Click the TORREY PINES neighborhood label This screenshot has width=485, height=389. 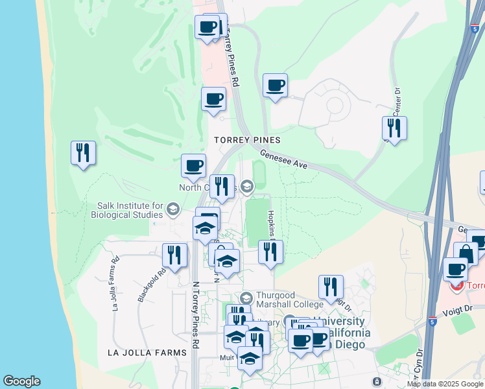tap(248, 140)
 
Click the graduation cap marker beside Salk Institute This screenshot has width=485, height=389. tap(172, 209)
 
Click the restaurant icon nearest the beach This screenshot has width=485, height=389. tap(83, 153)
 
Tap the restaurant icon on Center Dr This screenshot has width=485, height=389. tap(394, 128)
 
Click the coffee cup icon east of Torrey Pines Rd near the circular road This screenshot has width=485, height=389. tap(275, 86)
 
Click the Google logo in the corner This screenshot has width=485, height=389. tap(21, 381)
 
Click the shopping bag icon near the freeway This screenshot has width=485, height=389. tap(466, 254)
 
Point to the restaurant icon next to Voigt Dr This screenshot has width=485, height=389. tap(331, 287)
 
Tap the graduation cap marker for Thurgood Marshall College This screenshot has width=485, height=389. tap(246, 298)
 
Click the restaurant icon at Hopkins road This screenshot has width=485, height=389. tap(270, 252)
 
